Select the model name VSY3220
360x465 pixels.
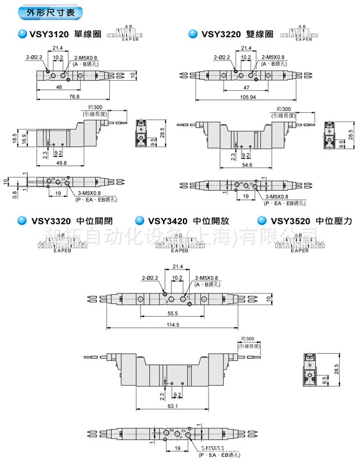pos(221,34)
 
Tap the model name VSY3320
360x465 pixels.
pos(51,221)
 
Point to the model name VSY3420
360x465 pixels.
pos(168,221)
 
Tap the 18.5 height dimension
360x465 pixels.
pos(14,137)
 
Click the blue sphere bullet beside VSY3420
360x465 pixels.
pos(139,220)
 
